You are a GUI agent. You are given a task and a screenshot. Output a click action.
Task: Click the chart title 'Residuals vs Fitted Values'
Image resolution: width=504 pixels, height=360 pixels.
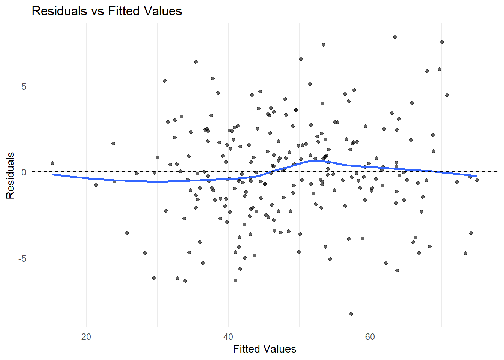tap(107, 11)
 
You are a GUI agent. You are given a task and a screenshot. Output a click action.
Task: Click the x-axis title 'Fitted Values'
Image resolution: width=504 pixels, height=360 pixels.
tap(264, 349)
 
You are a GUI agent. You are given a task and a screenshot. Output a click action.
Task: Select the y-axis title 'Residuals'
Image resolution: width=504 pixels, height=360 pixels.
tap(10, 175)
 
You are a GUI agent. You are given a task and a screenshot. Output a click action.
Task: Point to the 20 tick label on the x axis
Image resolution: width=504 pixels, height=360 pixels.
tap(86, 337)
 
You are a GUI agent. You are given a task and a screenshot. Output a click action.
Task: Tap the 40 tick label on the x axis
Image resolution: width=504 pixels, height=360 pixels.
tap(228, 337)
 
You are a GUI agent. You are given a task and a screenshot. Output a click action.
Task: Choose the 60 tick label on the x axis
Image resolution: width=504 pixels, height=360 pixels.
tap(370, 337)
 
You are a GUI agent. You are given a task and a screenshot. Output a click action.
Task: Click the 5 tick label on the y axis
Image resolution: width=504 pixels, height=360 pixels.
tap(24, 86)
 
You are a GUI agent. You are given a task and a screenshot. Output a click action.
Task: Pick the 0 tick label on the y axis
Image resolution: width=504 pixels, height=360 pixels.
tap(24, 172)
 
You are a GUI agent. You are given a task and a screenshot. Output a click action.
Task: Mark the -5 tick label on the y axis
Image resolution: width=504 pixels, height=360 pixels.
tap(22, 258)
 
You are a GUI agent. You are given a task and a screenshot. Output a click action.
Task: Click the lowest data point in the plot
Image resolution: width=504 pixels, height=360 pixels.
tap(351, 314)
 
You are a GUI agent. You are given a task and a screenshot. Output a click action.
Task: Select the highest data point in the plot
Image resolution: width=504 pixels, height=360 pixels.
tap(395, 37)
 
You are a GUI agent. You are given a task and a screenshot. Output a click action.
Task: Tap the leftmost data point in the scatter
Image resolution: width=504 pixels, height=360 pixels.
tap(52, 163)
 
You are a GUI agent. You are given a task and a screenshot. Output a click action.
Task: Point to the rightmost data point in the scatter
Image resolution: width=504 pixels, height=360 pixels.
tap(477, 180)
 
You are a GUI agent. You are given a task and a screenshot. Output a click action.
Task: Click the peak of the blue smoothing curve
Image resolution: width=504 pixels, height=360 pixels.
tap(316, 160)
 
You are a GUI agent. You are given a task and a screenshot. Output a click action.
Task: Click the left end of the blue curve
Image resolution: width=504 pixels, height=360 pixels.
tap(53, 174)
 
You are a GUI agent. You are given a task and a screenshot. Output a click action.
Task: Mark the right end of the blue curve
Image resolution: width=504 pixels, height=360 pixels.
tap(477, 176)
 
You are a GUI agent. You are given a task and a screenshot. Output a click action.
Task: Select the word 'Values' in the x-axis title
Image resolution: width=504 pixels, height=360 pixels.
tap(280, 349)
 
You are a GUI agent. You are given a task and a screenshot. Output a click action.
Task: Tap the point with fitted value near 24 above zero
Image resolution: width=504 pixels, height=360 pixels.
tap(113, 144)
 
